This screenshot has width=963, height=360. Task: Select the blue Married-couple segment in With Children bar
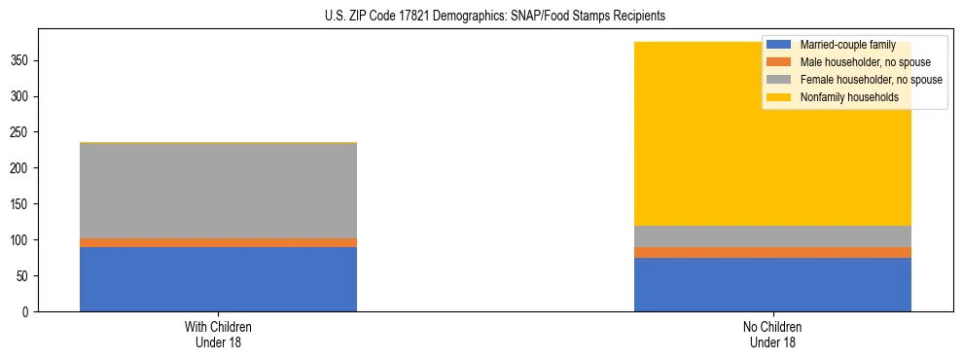pos(218,279)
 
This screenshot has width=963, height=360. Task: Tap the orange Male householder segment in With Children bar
pos(218,242)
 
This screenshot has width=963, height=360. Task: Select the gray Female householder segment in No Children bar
pos(772,236)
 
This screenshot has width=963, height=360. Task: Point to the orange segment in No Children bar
pos(772,252)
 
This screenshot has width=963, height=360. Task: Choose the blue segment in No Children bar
pos(772,284)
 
